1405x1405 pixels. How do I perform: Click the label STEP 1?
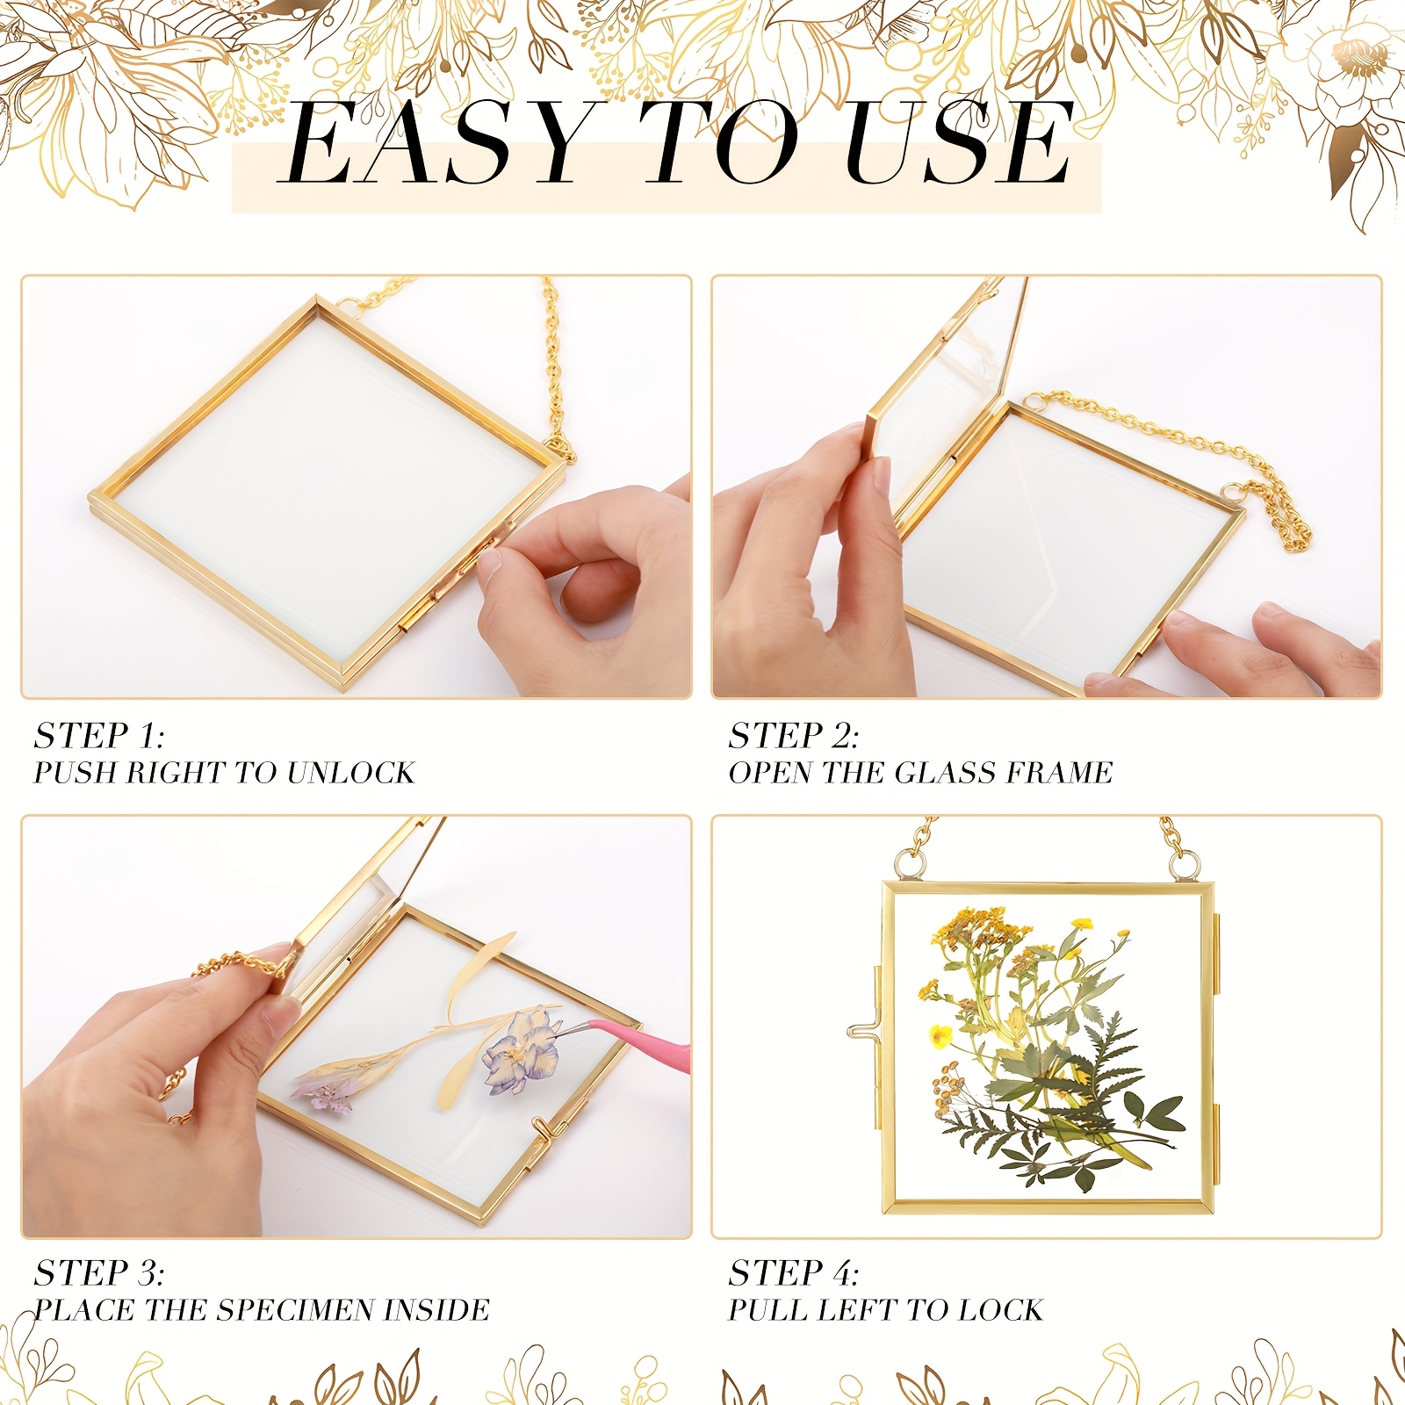(x=99, y=736)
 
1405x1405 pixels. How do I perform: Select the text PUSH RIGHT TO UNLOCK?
(x=224, y=772)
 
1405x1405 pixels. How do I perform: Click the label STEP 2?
(x=794, y=736)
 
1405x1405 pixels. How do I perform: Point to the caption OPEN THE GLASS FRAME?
(x=920, y=772)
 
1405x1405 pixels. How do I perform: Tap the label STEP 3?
(x=99, y=1273)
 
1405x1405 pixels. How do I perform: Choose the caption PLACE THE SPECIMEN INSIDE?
(x=262, y=1309)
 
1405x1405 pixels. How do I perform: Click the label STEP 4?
(x=794, y=1273)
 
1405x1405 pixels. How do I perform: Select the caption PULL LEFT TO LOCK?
(x=886, y=1309)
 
